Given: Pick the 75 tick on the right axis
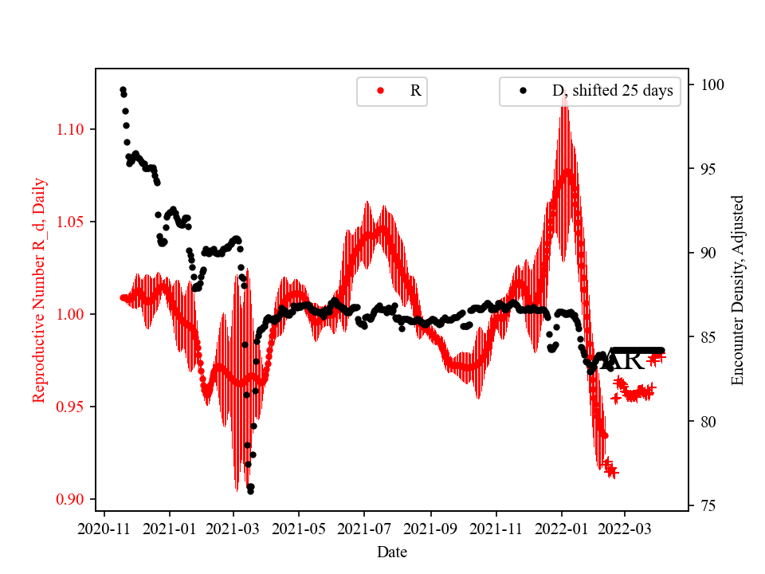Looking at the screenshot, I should tap(704, 505).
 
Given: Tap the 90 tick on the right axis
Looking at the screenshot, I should tap(704, 253).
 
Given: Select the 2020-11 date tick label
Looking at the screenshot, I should tap(104, 528).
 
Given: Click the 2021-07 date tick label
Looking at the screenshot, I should tap(364, 528).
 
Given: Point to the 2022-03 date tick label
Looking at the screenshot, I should tap(625, 528).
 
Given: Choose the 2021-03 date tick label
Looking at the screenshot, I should tap(233, 528).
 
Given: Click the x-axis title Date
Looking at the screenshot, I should tap(392, 551).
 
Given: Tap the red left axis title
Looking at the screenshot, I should tap(39, 290).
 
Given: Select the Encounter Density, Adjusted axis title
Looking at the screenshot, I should tap(737, 290).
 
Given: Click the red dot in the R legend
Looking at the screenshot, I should tap(380, 91).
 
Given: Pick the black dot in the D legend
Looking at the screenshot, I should tap(523, 91).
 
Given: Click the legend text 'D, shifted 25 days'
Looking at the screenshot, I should tap(612, 91).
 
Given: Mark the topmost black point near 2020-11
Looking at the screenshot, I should tap(123, 89).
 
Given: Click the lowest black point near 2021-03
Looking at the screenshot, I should tap(250, 491).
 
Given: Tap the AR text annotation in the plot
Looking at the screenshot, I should tap(624, 360).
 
